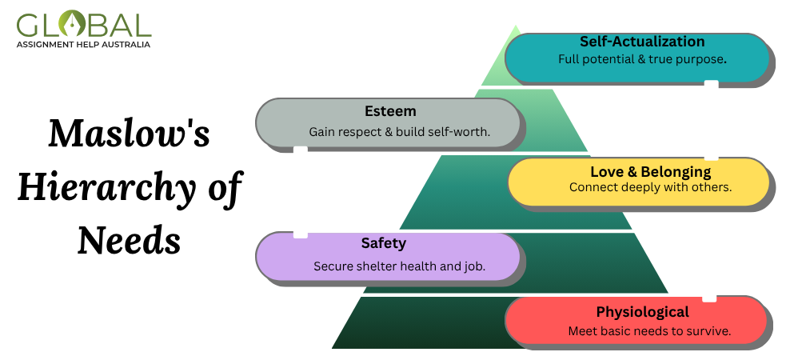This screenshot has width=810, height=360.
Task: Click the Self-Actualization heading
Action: tap(642, 42)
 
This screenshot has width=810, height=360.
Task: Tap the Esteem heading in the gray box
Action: tap(389, 111)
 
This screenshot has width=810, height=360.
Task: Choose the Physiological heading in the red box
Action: tap(642, 312)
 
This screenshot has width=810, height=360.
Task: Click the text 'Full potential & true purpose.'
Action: tap(642, 59)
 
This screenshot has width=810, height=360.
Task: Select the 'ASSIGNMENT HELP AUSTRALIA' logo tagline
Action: tap(83, 45)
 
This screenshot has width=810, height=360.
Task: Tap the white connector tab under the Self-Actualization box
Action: tap(711, 84)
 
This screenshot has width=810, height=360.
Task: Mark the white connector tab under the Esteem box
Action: tap(301, 150)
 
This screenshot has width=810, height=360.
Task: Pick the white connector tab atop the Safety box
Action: tap(301, 234)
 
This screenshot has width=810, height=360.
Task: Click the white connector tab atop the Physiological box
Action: tap(708, 298)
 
